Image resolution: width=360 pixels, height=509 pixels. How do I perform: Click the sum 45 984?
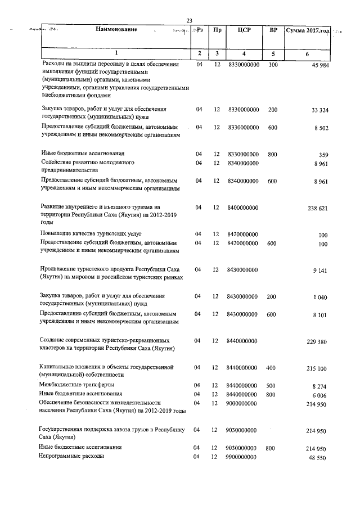point(319,68)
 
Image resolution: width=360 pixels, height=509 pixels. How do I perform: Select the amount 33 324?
point(319,110)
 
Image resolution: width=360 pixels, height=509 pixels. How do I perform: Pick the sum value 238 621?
point(317,208)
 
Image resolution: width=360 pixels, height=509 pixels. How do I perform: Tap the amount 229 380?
point(317,342)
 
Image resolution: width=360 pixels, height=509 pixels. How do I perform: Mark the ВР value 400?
point(272,368)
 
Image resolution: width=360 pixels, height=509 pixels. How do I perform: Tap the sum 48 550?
point(319,459)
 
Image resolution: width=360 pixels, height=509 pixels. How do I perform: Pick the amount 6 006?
point(320,395)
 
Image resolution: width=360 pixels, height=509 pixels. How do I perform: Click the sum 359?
point(323,155)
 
